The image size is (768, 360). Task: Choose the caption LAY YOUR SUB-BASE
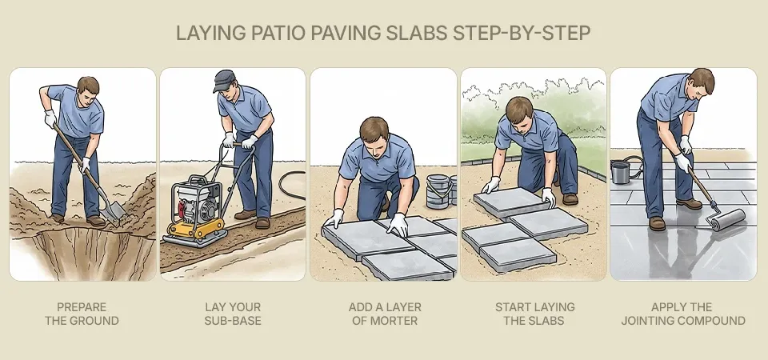pos(232,314)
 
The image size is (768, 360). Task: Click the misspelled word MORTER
pos(408,321)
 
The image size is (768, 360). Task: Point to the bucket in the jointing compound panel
pos(620,171)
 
